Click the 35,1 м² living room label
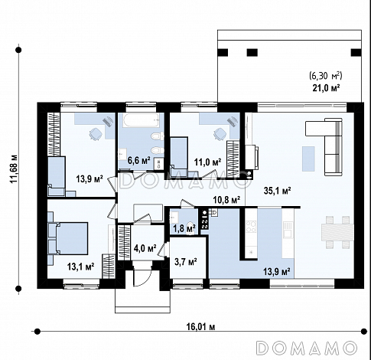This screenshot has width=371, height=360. click(278, 191)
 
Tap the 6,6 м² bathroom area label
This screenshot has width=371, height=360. click(138, 161)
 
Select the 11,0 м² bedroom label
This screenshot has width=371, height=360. click(207, 162)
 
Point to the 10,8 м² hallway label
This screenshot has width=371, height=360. click(226, 200)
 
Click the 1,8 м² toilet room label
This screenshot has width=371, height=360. click(184, 228)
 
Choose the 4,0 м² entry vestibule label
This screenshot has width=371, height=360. click(145, 247)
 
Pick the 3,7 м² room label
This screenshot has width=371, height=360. click(185, 262)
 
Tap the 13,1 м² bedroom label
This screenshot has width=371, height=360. click(81, 267)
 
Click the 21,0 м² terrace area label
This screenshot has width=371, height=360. click(326, 88)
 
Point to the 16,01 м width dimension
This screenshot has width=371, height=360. click(200, 326)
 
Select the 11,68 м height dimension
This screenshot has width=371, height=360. click(14, 169)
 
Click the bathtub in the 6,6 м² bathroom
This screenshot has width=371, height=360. click(141, 120)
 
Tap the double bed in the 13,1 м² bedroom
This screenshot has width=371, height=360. click(70, 238)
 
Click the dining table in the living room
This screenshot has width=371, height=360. click(337, 232)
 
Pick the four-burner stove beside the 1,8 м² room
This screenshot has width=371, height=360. click(205, 219)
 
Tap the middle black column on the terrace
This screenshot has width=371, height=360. click(252, 53)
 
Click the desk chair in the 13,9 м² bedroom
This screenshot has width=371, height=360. click(96, 134)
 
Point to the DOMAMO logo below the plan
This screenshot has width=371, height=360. click(307, 348)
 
